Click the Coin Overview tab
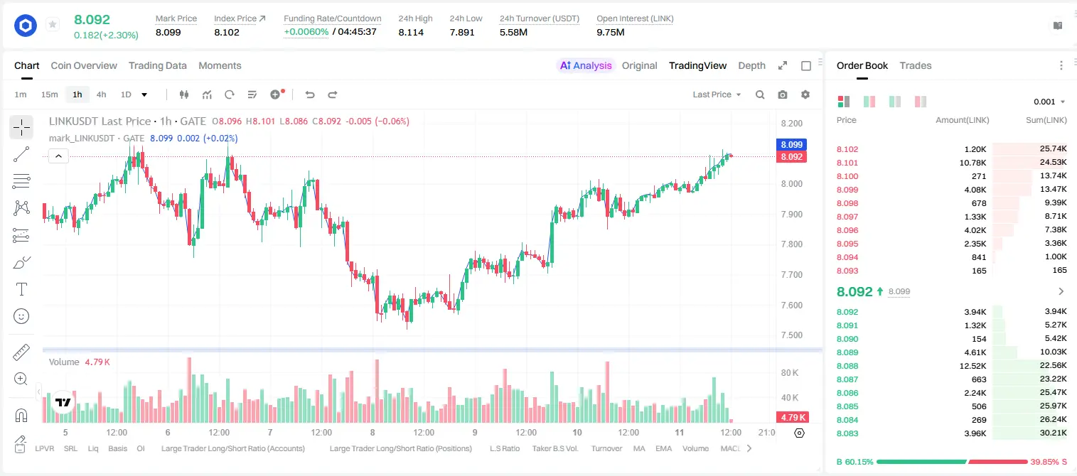84,65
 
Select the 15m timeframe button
49,94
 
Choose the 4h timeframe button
101,94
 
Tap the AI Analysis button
586,65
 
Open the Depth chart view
751,65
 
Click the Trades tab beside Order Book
916,65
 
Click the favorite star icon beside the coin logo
53,24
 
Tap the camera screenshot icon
783,94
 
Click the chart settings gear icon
805,94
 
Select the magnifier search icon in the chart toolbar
760,94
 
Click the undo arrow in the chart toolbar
310,94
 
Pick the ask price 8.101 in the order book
847,163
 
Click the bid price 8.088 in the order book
847,366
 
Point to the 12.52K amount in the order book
972,366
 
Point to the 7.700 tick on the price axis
792,275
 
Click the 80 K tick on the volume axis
790,373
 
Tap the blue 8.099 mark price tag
791,145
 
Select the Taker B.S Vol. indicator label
555,448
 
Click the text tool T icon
21,289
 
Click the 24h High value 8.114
411,32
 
